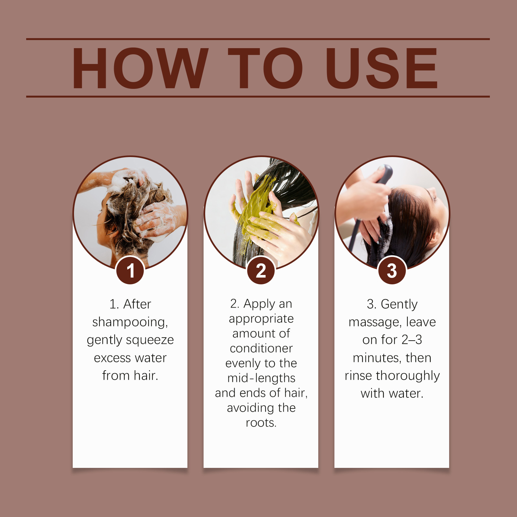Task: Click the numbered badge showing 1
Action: pyautogui.click(x=130, y=270)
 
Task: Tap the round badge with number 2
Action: pyautogui.click(x=261, y=270)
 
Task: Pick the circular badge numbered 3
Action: pyautogui.click(x=392, y=270)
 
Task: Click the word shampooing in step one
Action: pyautogui.click(x=130, y=322)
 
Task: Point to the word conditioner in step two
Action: pyautogui.click(x=261, y=348)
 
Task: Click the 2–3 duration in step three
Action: pyautogui.click(x=412, y=340)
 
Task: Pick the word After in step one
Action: pyautogui.click(x=137, y=304)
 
